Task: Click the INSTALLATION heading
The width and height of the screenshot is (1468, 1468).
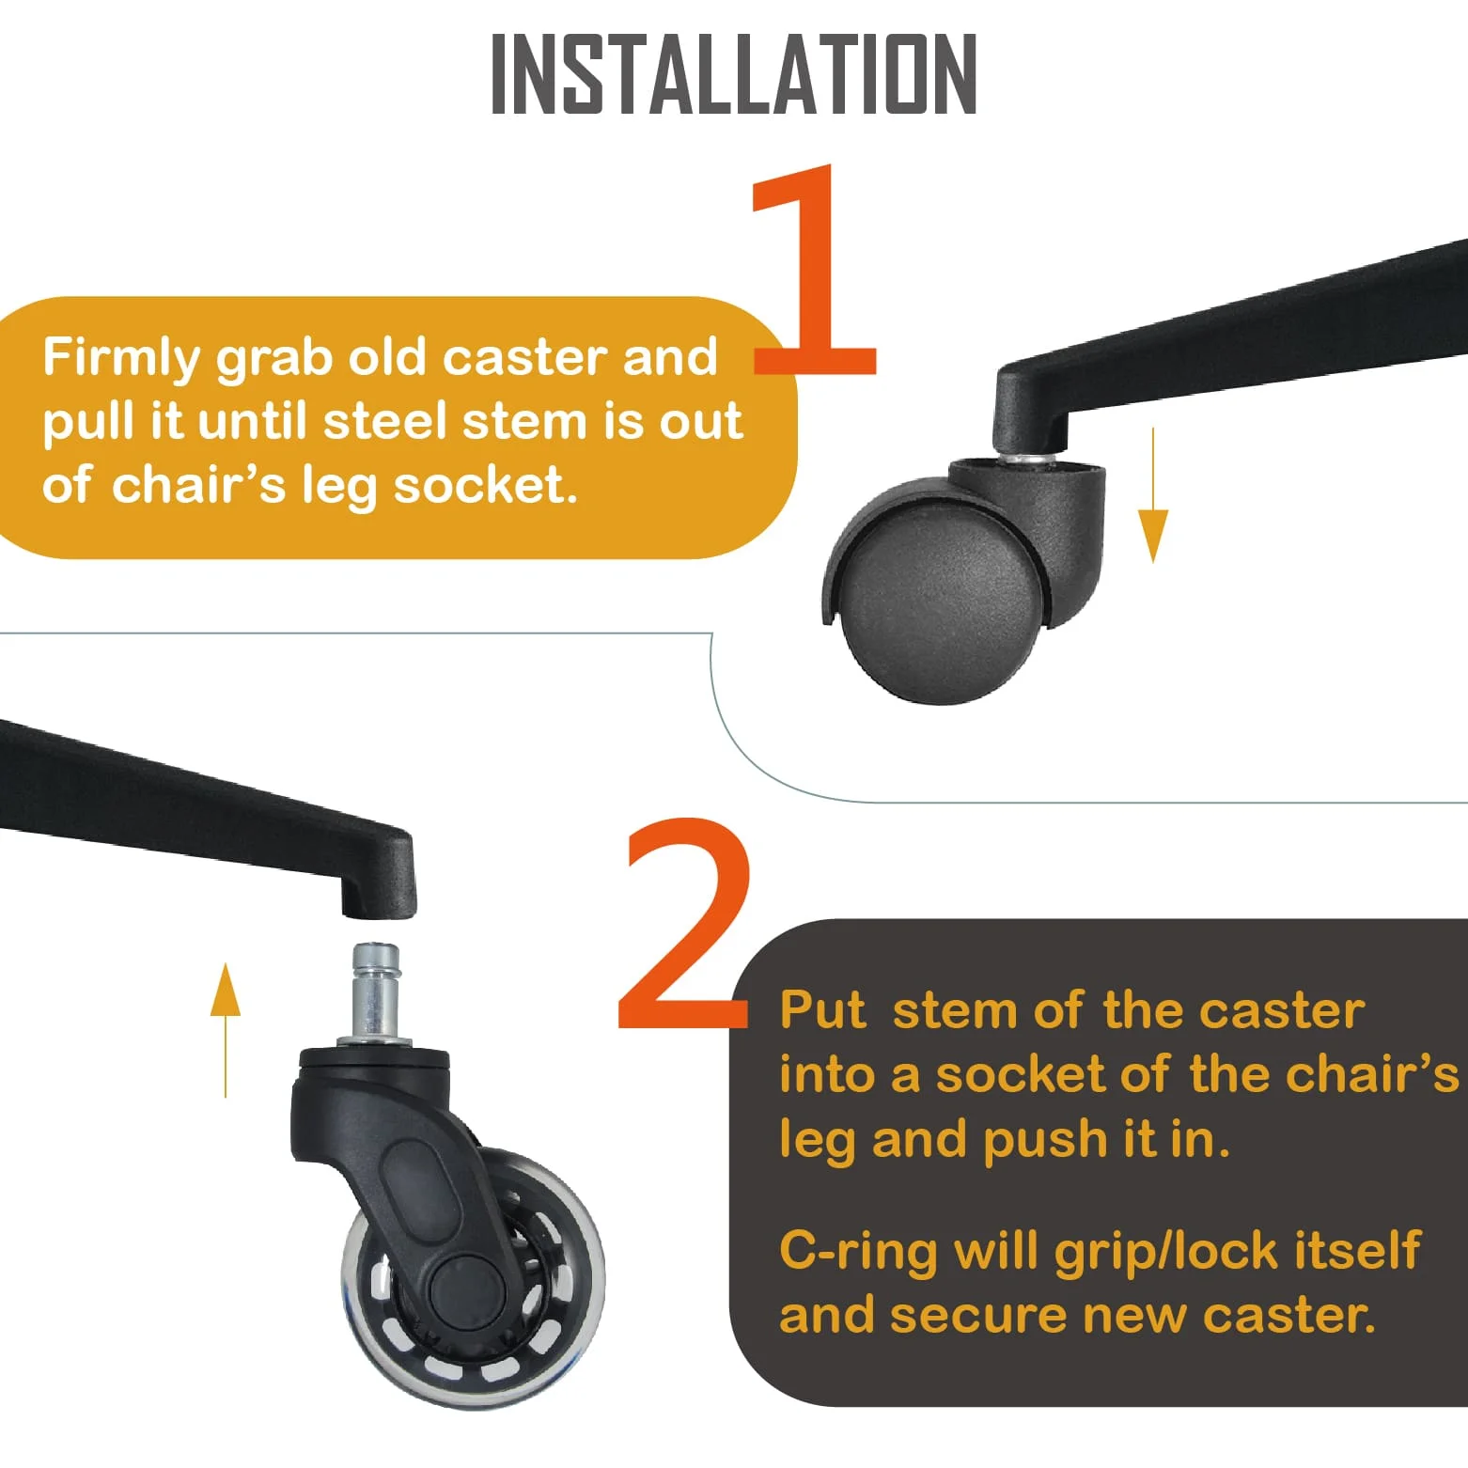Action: tap(734, 74)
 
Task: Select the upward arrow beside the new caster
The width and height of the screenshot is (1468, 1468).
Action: tap(226, 1028)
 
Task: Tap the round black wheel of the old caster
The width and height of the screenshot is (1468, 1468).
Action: tap(940, 606)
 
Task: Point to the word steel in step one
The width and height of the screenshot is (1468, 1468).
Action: tap(385, 422)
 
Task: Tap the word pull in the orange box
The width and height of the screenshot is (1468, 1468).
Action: tap(90, 422)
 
